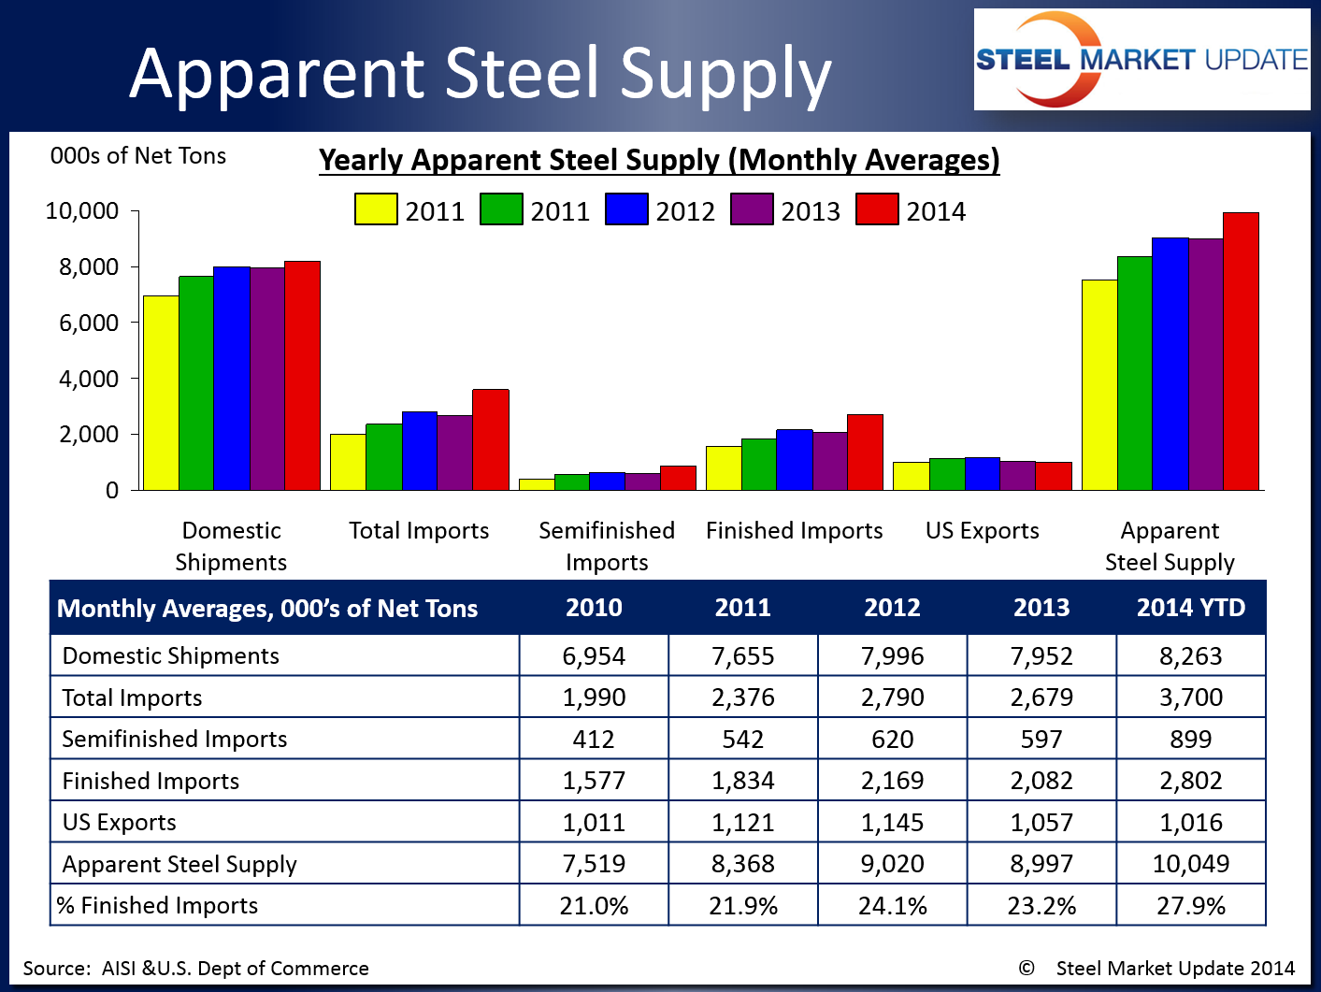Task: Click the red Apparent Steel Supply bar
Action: (x=1241, y=352)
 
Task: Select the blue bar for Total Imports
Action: (x=420, y=451)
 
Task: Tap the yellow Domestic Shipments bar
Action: (x=161, y=393)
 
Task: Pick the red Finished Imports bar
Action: (x=865, y=453)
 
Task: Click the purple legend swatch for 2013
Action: (x=752, y=209)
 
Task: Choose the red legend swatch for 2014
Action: (x=877, y=209)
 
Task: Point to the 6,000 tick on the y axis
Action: (x=89, y=323)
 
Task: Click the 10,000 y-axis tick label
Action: (x=82, y=211)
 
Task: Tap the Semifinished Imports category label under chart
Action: (x=607, y=546)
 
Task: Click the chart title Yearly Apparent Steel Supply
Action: (x=659, y=160)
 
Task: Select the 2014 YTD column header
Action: (x=1190, y=608)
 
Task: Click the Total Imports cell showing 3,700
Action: (x=1190, y=697)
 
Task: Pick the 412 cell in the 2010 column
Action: (x=594, y=740)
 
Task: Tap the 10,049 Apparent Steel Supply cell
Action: (x=1190, y=864)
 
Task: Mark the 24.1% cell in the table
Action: (x=892, y=906)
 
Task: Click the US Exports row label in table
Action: (x=120, y=823)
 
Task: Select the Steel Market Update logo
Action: (x=1142, y=60)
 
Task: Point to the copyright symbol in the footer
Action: (x=1027, y=968)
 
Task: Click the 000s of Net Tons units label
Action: (x=138, y=156)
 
